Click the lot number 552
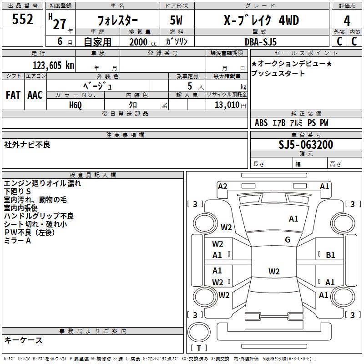pos(22,19)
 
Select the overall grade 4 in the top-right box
pos(347,21)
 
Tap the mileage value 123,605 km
pos(53,66)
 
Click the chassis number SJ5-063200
pos(306,145)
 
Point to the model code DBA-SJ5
pos(261,42)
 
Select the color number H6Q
pos(76,105)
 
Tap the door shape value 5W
pos(176,20)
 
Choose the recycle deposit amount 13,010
pos(227,105)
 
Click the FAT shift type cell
pos(13,95)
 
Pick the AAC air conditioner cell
pos(35,95)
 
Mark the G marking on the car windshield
pos(288,239)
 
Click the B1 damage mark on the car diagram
pos(330,255)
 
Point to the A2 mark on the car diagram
pos(222,187)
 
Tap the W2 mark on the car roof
pos(274,271)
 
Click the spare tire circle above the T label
pos(199,332)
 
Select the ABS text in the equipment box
pos(261,123)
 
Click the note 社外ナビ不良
pos(27,145)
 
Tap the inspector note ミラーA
pos(18,241)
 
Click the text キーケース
pos(24,340)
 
